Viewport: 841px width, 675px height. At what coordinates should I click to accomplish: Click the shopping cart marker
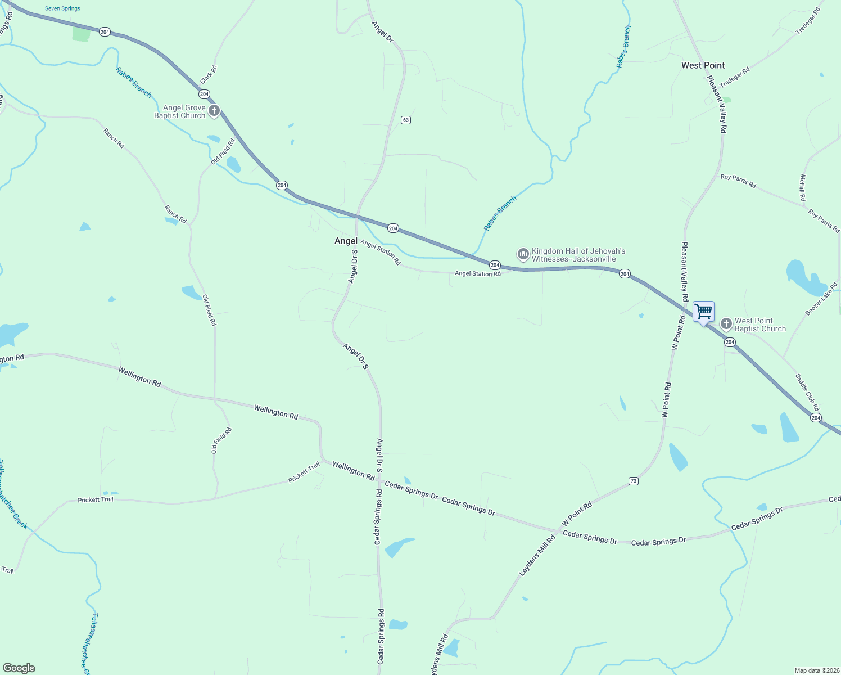(703, 312)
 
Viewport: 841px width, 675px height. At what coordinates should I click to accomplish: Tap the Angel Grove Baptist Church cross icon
(214, 111)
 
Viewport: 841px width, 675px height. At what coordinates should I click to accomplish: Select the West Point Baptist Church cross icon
(726, 325)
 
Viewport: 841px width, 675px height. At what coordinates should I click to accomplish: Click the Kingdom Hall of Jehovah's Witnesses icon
(523, 255)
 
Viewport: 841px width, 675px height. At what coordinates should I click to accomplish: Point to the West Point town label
(703, 65)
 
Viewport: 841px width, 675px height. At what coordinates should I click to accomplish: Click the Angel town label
(346, 241)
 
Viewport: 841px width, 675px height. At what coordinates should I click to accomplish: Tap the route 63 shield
(406, 120)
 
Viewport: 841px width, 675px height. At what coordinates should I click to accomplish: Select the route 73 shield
(634, 481)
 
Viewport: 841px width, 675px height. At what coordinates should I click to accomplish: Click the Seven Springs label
(62, 8)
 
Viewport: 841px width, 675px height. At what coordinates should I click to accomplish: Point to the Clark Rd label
(209, 74)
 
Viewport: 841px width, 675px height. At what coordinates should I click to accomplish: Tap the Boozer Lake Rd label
(821, 299)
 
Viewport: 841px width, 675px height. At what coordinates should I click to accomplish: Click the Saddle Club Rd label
(807, 392)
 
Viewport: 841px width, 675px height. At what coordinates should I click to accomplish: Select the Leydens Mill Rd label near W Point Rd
(537, 555)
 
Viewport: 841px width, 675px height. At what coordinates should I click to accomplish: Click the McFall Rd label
(803, 188)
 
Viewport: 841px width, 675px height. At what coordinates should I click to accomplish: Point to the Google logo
(19, 668)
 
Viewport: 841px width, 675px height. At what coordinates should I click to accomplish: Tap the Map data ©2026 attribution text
(816, 670)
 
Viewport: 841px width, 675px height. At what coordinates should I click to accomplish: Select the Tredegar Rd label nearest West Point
(735, 77)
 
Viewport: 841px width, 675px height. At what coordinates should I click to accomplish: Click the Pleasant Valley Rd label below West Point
(717, 104)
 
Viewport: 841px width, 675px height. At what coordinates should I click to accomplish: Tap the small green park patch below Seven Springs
(81, 34)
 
